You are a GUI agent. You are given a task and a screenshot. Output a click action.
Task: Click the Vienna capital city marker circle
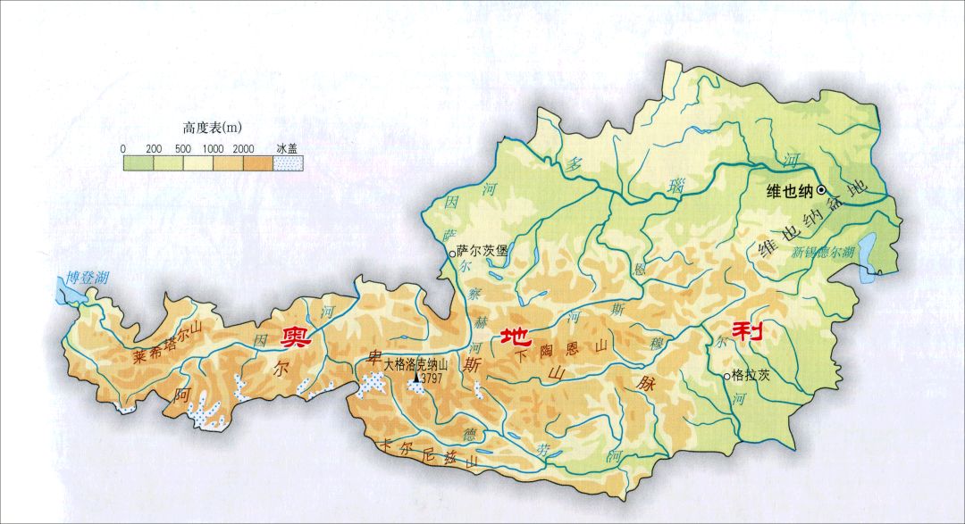tap(821, 189)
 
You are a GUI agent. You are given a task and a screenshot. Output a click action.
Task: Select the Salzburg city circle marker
tap(451, 254)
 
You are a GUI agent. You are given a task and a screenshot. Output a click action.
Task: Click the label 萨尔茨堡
tap(482, 252)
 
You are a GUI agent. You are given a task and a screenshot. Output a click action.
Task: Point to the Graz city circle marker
tap(726, 376)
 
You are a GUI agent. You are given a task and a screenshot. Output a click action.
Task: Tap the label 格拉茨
tap(751, 376)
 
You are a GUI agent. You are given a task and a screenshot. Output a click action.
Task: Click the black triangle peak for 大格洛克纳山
tap(415, 378)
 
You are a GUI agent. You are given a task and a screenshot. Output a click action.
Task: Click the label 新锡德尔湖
tap(823, 252)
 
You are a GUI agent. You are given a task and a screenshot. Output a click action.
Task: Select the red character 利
tap(747, 331)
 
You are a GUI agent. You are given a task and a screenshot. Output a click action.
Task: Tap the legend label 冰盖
tap(287, 148)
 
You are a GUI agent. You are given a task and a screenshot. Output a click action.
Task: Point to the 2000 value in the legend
tap(241, 148)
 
